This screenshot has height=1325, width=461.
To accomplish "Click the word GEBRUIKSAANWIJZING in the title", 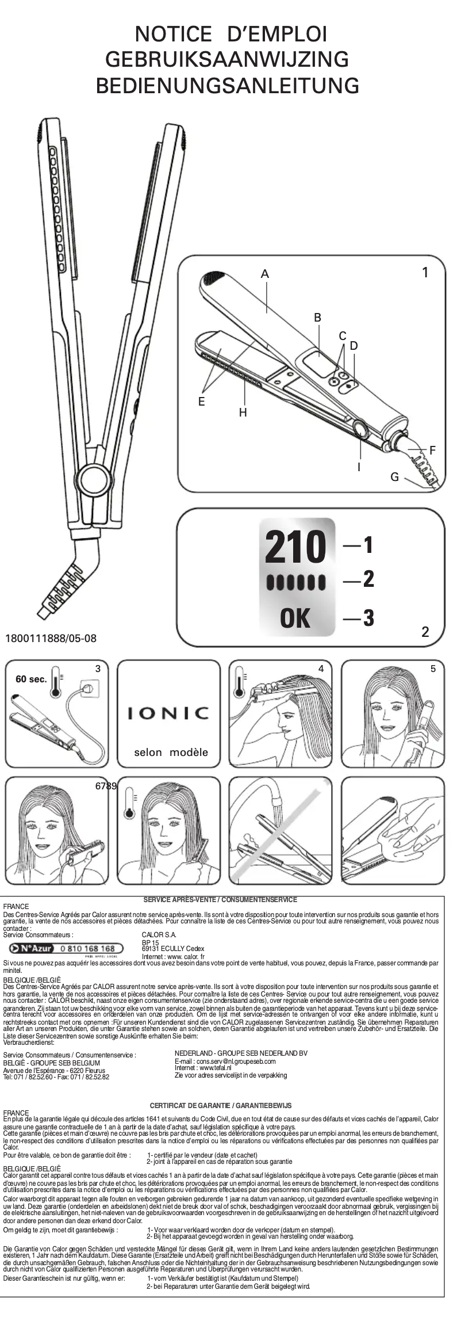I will (x=228, y=59).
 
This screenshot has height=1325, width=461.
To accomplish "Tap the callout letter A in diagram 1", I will (x=265, y=274).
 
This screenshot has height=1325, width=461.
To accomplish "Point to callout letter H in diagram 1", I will (x=243, y=413).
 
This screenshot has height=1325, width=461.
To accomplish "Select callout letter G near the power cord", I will (x=394, y=477).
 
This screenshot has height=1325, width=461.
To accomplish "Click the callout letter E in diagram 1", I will (x=202, y=402).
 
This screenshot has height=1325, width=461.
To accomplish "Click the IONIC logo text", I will (x=168, y=713).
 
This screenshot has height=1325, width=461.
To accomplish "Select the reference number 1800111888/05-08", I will (x=51, y=639).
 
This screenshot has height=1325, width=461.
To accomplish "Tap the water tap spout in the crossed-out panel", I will (x=278, y=796).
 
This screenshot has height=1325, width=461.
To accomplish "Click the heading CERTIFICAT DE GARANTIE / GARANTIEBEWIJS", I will (x=221, y=1105).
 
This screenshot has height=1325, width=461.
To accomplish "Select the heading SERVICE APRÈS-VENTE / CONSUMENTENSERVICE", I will (x=220, y=899).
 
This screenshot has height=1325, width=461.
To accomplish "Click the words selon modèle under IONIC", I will (x=171, y=752).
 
